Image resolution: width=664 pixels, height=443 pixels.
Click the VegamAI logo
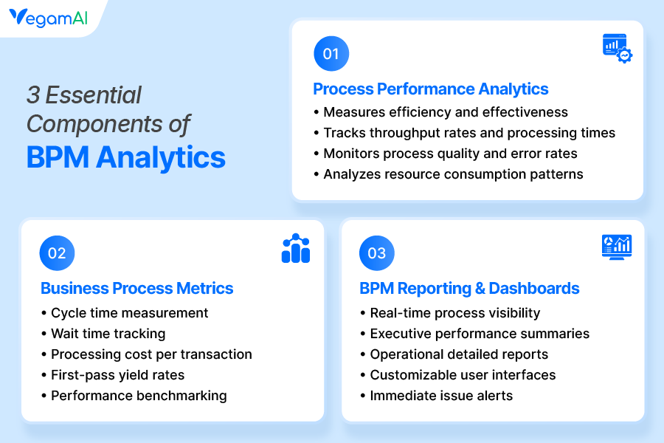[48, 18]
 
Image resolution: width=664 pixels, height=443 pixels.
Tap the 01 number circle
[331, 54]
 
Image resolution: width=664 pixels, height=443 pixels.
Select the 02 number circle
[57, 253]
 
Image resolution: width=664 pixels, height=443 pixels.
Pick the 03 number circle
[377, 253]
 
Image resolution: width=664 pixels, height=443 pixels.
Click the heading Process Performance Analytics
[431, 89]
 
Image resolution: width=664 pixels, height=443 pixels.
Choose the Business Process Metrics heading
[136, 288]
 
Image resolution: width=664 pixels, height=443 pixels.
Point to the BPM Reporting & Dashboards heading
[469, 288]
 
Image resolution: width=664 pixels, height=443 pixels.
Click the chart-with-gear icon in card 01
[618, 48]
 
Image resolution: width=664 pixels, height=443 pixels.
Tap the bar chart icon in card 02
[296, 248]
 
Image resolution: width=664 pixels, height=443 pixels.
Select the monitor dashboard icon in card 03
[617, 247]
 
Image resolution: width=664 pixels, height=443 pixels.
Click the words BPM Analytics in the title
[125, 158]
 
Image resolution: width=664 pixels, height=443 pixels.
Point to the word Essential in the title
[93, 95]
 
